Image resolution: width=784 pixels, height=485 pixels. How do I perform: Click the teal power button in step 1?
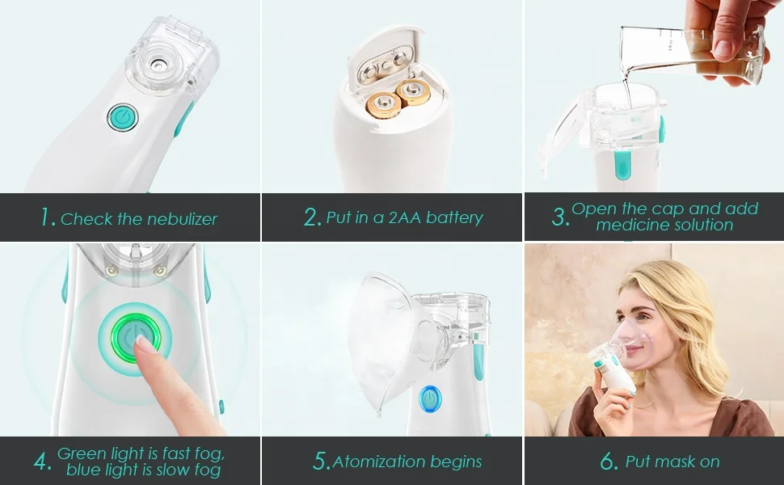tap(123, 117)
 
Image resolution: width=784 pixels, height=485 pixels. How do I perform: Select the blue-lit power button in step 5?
tap(430, 399)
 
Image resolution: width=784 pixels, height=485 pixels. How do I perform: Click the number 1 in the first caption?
tap(48, 217)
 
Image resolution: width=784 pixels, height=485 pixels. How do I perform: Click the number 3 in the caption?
tap(560, 217)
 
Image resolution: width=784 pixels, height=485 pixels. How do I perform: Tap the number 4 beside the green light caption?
tap(43, 462)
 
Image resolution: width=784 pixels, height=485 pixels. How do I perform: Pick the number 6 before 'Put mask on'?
tap(609, 462)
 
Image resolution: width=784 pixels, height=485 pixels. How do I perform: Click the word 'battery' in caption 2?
tap(454, 217)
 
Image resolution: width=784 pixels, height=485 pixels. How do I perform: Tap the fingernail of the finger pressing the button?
tap(143, 343)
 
